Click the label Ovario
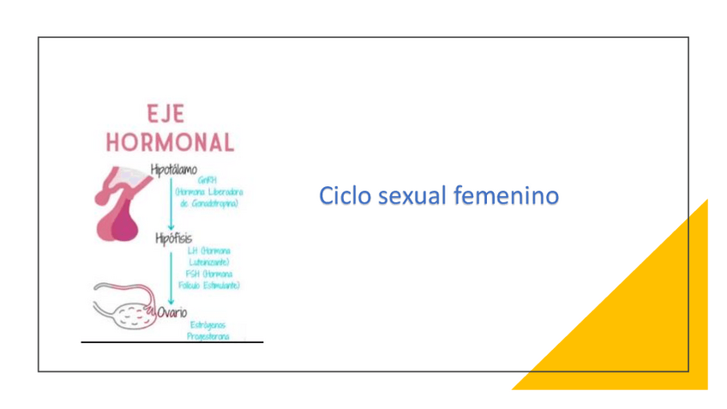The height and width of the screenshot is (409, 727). [x=171, y=312]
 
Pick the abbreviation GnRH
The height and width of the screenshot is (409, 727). [x=207, y=181]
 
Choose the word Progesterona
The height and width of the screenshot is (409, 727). [x=208, y=336]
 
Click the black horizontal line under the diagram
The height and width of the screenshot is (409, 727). [x=171, y=342]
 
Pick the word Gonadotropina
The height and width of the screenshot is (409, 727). [x=214, y=203]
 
